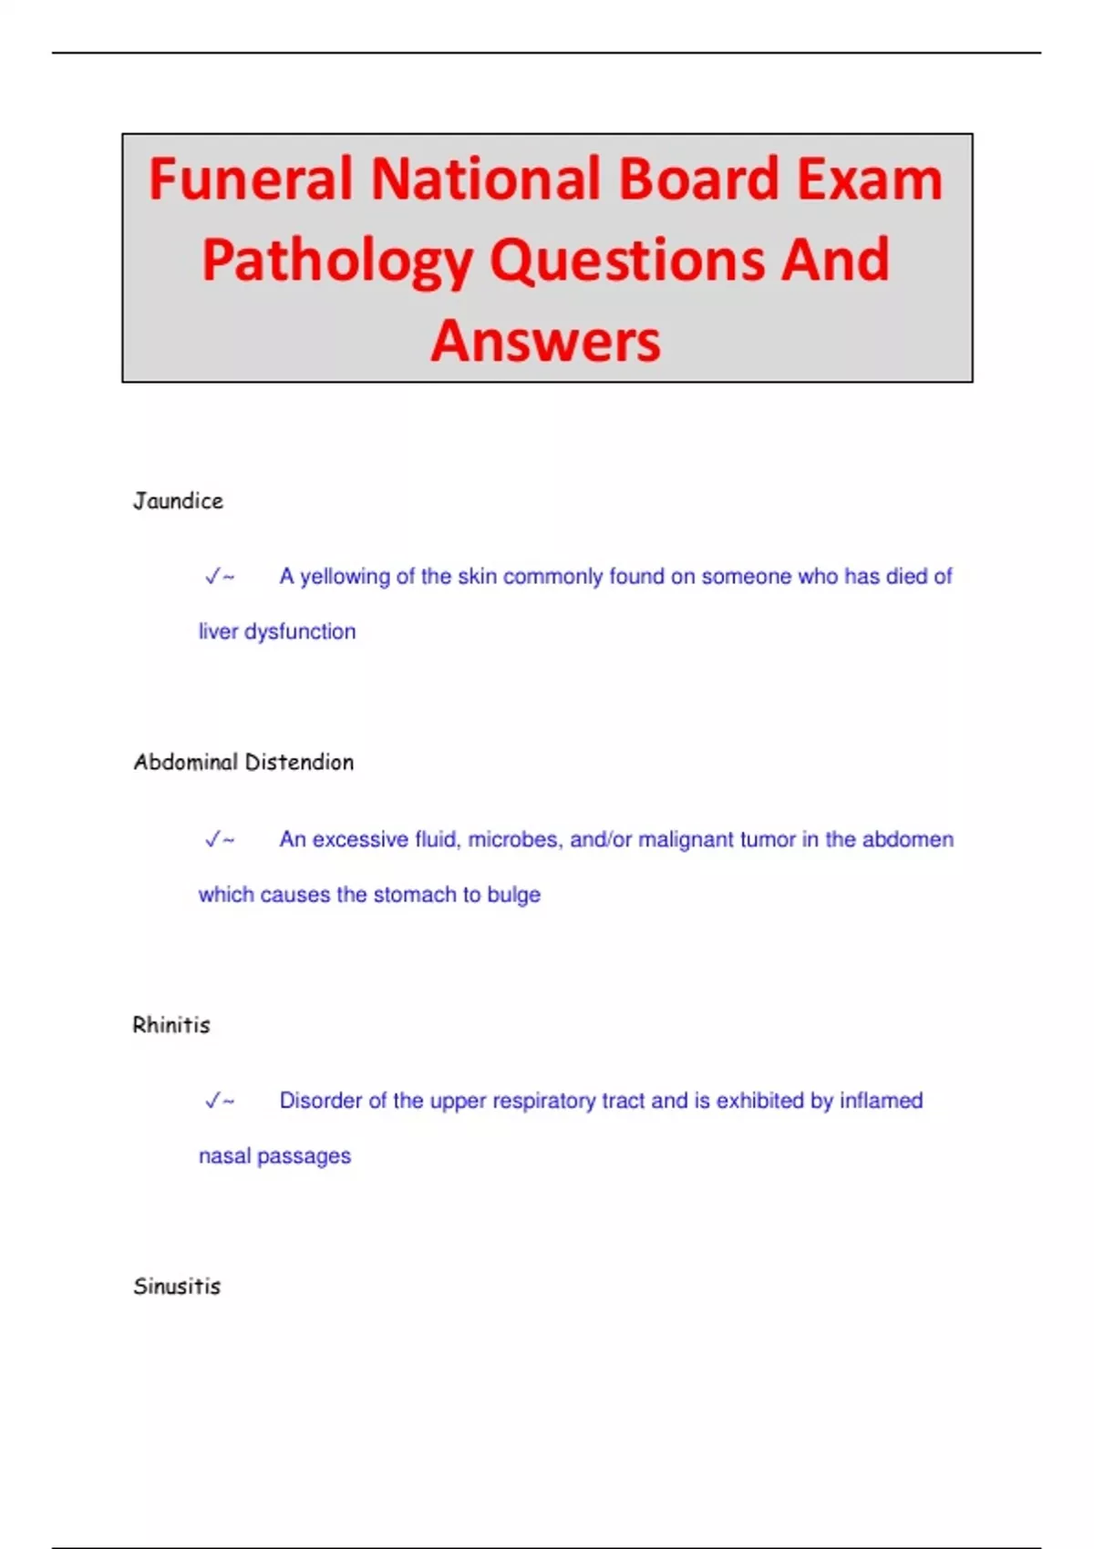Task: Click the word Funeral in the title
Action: click(x=251, y=179)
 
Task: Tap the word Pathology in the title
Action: click(x=336, y=261)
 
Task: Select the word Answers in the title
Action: click(x=546, y=341)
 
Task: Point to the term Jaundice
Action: click(x=178, y=501)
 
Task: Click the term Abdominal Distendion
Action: click(x=243, y=763)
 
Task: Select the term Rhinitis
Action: click(x=171, y=1025)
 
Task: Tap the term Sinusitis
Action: click(x=177, y=1287)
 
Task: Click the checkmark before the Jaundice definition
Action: click(x=214, y=577)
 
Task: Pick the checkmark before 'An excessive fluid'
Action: click(x=214, y=839)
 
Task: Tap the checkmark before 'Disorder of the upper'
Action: click(x=214, y=1101)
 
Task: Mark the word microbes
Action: click(x=513, y=839)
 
